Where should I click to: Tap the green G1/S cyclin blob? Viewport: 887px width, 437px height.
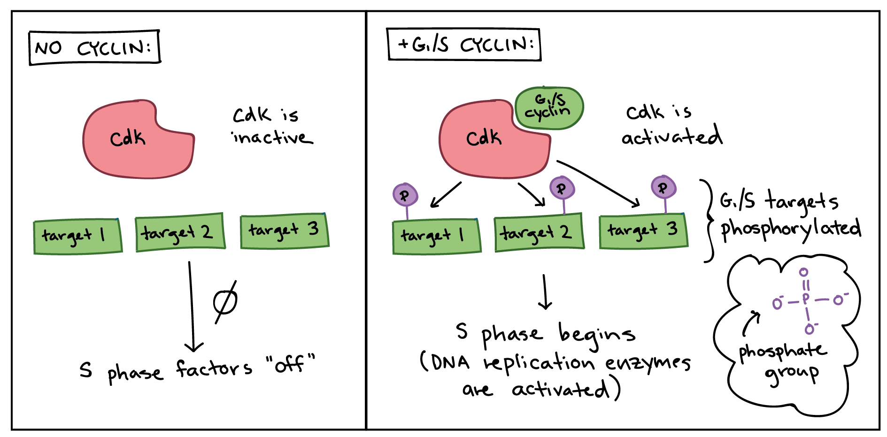pyautogui.click(x=549, y=107)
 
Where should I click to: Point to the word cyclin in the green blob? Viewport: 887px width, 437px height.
pyautogui.click(x=547, y=113)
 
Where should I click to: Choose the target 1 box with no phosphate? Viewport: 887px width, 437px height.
pyautogui.click(x=77, y=236)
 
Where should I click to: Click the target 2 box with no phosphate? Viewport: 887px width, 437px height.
pyautogui.click(x=180, y=233)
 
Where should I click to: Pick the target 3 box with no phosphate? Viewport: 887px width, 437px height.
pyautogui.click(x=284, y=231)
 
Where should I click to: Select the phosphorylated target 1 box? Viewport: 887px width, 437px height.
pyautogui.click(x=436, y=236)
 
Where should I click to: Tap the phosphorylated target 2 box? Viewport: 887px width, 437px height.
pyautogui.click(x=539, y=233)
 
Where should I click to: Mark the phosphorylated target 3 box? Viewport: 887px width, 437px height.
pyautogui.click(x=643, y=231)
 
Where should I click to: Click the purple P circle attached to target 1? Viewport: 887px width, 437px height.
pyautogui.click(x=405, y=195)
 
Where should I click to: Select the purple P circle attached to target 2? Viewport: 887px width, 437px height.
pyautogui.click(x=562, y=189)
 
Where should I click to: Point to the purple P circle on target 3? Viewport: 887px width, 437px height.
pyautogui.click(x=663, y=188)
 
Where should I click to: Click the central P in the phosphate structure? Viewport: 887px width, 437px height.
pyautogui.click(x=806, y=299)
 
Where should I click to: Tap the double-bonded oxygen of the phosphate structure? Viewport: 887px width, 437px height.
pyautogui.click(x=803, y=272)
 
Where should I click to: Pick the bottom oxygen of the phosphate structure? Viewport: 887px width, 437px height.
pyautogui.click(x=809, y=330)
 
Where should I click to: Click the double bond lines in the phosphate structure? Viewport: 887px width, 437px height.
pyautogui.click(x=805, y=285)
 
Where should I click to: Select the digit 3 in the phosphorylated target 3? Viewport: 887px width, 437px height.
pyautogui.click(x=672, y=229)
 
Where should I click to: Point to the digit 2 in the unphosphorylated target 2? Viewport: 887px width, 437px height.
pyautogui.click(x=206, y=232)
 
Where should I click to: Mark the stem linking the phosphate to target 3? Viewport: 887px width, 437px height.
pyautogui.click(x=665, y=206)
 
